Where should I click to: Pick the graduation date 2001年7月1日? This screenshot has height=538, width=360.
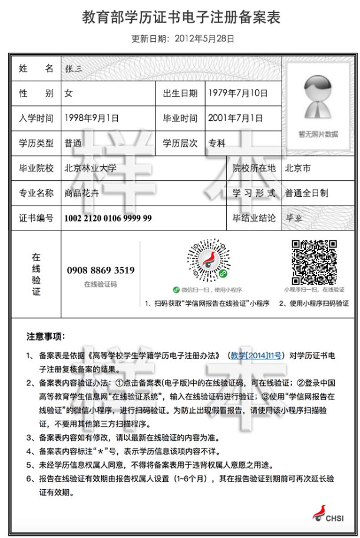tap(235, 118)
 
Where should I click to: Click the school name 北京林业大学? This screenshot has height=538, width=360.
tap(91, 169)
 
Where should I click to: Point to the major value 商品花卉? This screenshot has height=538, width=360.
tap(82, 193)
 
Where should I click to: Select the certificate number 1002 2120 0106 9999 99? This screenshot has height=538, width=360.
tap(108, 218)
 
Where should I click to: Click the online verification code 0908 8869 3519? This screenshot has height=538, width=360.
tap(100, 270)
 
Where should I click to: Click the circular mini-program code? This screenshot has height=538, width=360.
tap(207, 262)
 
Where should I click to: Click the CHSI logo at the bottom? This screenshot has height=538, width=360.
tap(326, 514)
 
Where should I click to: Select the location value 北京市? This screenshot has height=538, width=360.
tap(298, 169)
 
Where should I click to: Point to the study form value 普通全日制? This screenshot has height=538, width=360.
tap(306, 193)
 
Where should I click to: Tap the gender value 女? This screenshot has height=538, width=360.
tap(68, 93)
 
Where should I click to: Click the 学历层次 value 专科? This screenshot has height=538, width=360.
tap(217, 143)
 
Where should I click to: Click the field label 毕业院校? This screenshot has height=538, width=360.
tap(36, 169)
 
